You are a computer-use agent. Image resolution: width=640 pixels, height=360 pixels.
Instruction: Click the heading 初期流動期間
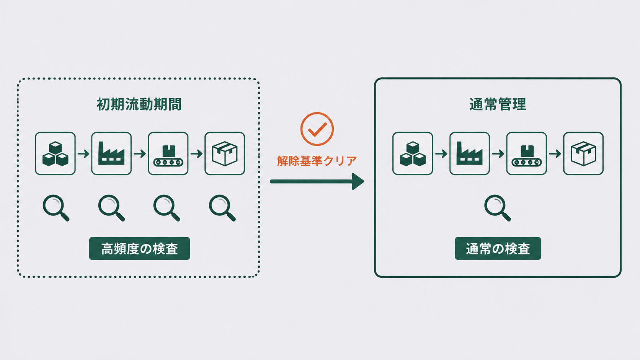coord(139,104)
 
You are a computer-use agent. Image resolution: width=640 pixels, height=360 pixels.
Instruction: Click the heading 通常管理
coord(498,104)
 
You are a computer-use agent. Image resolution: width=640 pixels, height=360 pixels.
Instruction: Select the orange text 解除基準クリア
coord(317,161)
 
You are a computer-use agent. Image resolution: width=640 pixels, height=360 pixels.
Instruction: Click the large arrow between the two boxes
coord(317,181)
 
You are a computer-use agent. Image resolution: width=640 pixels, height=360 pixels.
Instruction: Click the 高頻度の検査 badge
coord(139,248)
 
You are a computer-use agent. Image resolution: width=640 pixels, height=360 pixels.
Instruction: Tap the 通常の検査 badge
coord(498,248)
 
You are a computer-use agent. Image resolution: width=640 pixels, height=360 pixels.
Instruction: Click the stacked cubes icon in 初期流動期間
coord(55,153)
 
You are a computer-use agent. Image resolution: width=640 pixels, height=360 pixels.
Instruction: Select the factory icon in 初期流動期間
coord(111,153)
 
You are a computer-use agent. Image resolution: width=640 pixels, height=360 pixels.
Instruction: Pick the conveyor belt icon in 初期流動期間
coord(168,153)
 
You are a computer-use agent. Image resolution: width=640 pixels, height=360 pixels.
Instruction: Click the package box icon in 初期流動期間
coord(225,153)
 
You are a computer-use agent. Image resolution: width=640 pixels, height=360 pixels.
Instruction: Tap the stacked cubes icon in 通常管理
coord(413,153)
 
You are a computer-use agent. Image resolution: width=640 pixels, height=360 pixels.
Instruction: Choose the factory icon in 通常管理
coord(469,153)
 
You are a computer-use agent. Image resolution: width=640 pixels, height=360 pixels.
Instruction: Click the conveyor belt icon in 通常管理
coord(526,153)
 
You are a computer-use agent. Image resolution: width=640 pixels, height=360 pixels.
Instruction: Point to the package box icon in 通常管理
coord(583,153)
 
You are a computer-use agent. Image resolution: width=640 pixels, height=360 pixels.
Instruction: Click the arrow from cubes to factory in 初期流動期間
coord(83,154)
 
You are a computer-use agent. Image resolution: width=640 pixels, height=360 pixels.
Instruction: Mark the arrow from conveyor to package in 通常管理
coord(555,154)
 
